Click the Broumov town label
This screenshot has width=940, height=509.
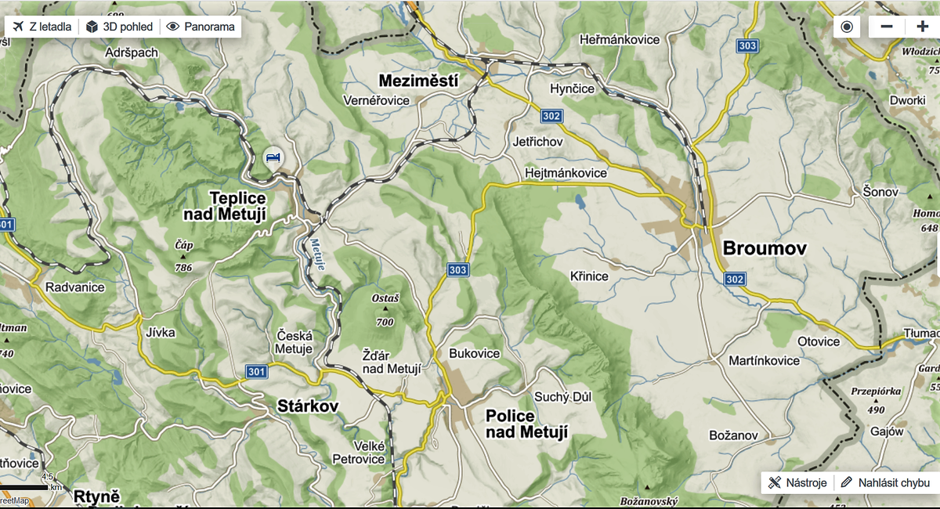[764, 249]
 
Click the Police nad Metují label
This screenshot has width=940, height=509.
[521, 424]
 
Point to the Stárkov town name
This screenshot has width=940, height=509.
[308, 406]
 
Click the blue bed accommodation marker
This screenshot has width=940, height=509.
[273, 159]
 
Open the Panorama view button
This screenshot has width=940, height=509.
[201, 27]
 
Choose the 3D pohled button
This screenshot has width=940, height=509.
[119, 27]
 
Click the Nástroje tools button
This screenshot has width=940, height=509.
[797, 482]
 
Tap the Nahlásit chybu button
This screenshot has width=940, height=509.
[885, 482]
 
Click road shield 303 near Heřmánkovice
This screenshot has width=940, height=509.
[747, 47]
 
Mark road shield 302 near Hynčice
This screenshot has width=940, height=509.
[551, 116]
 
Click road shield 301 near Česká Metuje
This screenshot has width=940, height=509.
[255, 370]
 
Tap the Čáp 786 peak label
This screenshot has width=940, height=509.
[184, 256]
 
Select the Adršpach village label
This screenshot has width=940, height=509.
[132, 52]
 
